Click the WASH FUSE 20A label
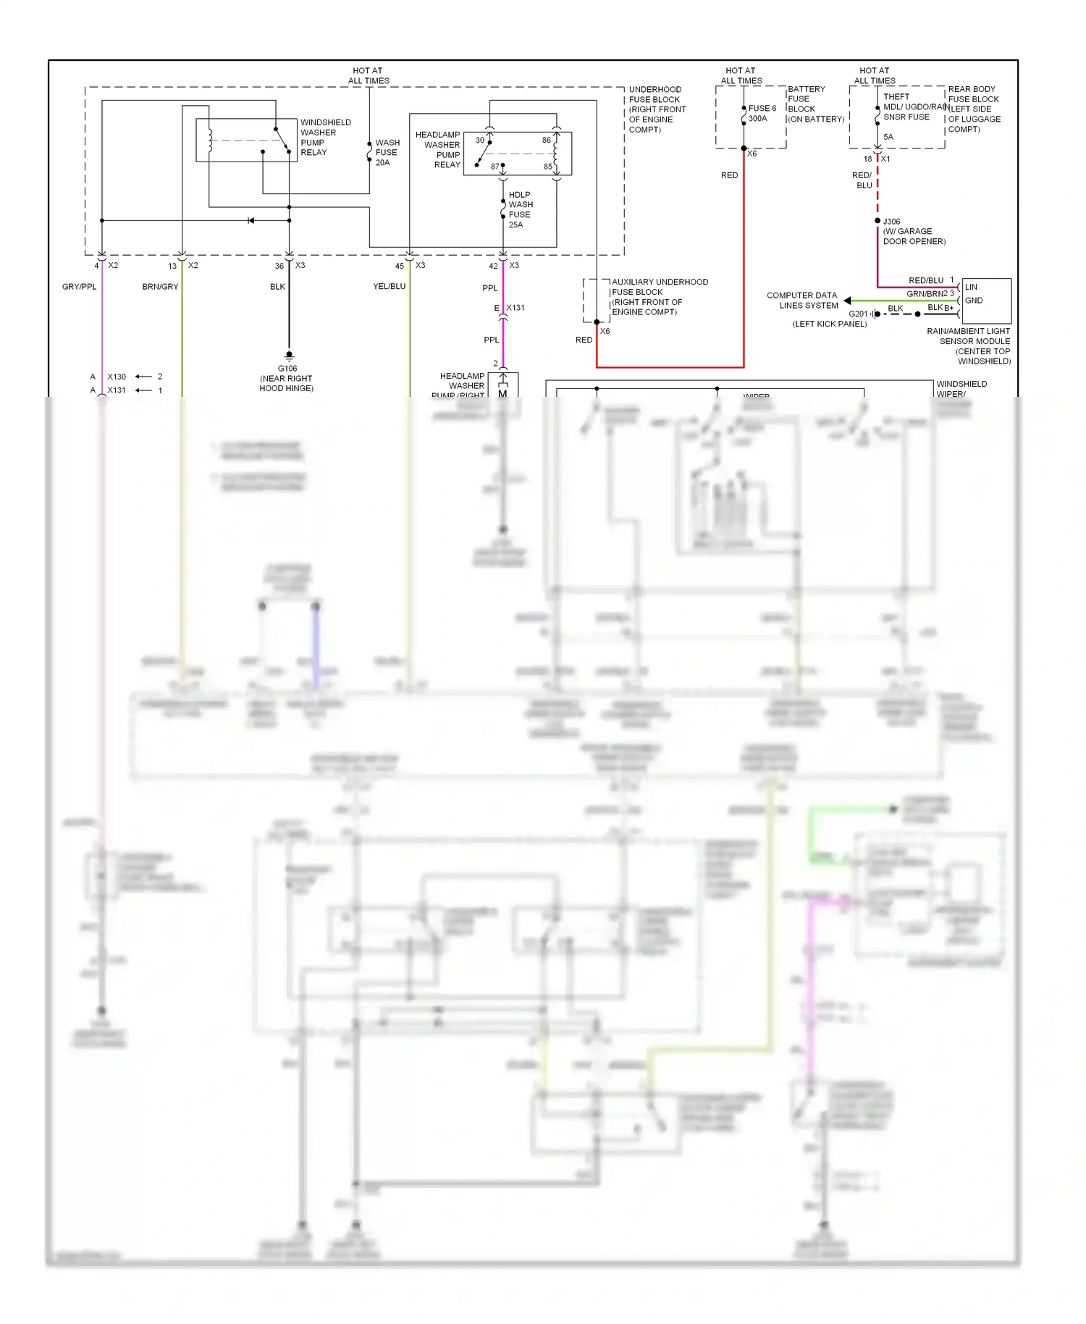387,153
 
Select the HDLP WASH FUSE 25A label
520,210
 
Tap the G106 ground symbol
289,356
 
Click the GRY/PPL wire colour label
79,287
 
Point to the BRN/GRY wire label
160,287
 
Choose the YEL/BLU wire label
389,287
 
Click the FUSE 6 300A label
762,114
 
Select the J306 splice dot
877,221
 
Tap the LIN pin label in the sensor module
971,287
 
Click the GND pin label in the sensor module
974,301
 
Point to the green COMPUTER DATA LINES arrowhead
847,301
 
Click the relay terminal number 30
479,141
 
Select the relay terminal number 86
546,141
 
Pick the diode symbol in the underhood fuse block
251,220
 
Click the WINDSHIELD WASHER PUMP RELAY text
325,138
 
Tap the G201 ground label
858,314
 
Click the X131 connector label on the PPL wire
515,308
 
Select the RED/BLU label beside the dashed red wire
862,180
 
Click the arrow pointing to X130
143,377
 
